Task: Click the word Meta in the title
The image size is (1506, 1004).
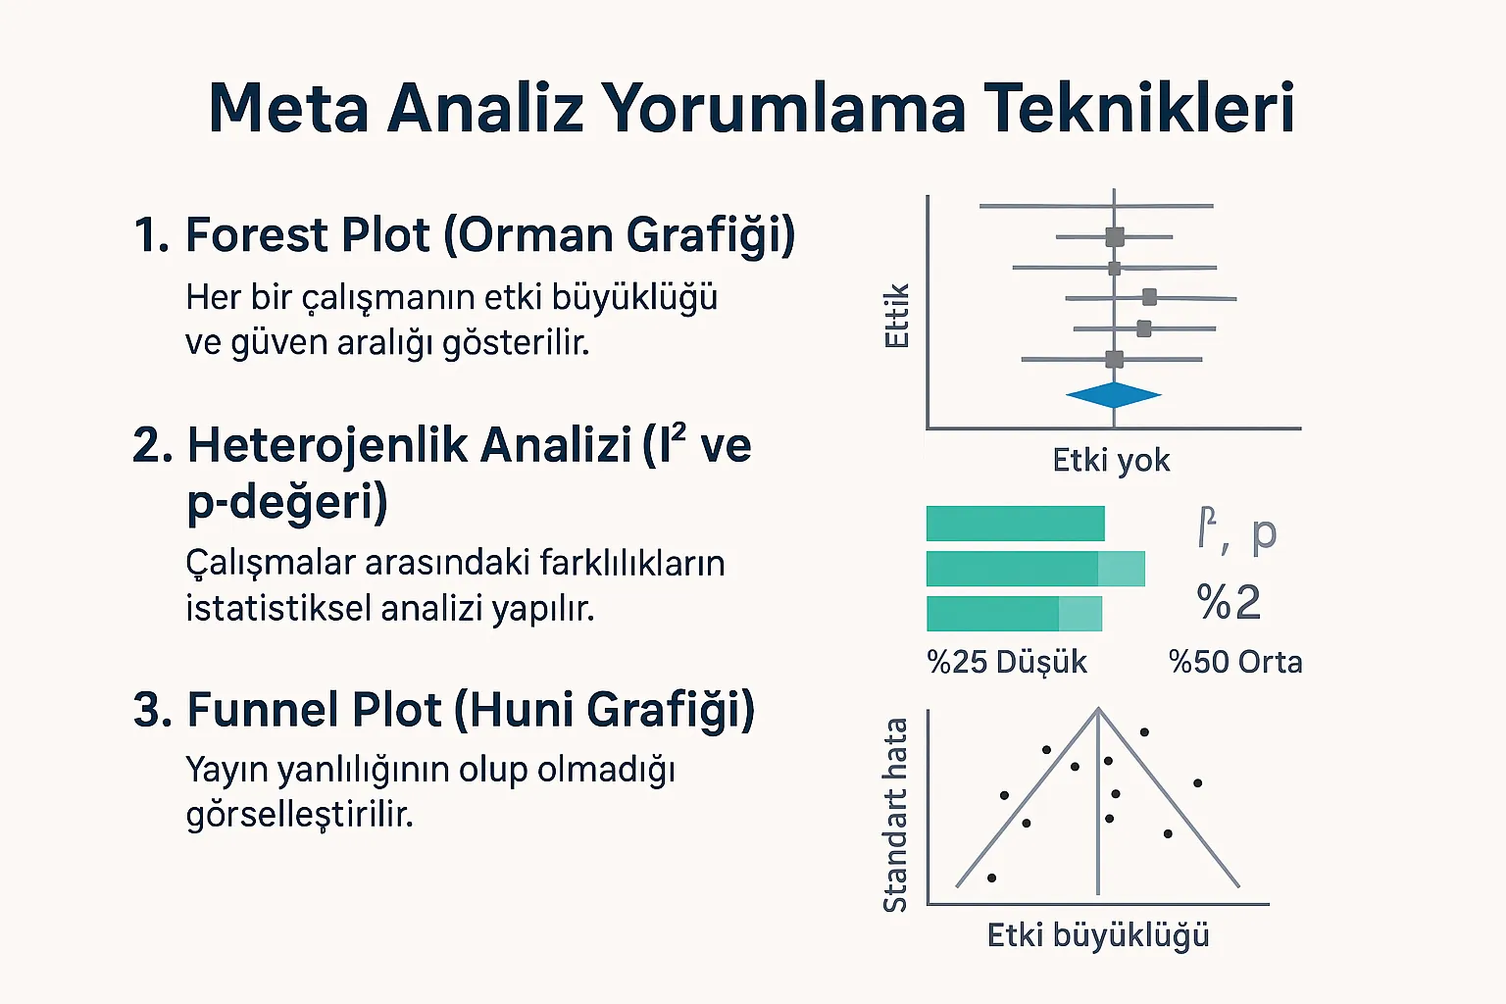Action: (288, 108)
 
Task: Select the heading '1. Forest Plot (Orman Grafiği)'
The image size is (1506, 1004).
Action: (464, 235)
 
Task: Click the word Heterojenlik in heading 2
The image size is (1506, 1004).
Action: (409, 445)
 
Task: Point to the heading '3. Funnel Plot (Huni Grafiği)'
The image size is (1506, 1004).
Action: (444, 710)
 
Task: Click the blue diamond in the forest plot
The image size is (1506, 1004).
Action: (1114, 395)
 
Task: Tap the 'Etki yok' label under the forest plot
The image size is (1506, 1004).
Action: (1111, 460)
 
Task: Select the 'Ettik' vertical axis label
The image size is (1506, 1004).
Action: (897, 316)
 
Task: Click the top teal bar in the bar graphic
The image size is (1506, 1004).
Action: (1015, 524)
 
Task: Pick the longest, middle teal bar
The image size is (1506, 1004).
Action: (1034, 569)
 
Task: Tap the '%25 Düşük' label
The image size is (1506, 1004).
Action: (1007, 662)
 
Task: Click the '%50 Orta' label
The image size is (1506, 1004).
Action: (1235, 662)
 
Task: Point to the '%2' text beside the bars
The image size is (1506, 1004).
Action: (1229, 602)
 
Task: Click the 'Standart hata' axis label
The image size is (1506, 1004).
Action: (895, 815)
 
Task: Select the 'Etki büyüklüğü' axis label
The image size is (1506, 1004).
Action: (1098, 935)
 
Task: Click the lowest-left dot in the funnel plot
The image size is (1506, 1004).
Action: (992, 878)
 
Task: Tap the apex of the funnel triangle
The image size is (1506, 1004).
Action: (1098, 710)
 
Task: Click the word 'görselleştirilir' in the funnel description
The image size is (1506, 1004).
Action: (299, 815)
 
